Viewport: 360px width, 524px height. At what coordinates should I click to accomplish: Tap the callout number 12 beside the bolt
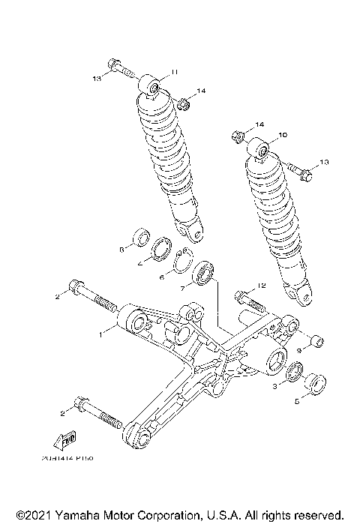[x=262, y=286]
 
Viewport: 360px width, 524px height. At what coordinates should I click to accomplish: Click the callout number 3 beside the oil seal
[x=276, y=385]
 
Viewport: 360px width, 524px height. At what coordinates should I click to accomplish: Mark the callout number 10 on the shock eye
[x=283, y=136]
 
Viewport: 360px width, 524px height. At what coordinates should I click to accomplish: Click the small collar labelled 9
[x=315, y=343]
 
